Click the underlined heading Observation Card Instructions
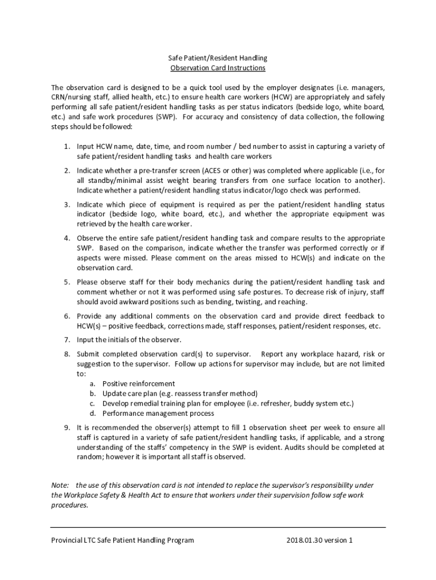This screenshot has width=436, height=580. (x=218, y=68)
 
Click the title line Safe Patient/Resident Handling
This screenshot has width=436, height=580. (x=218, y=58)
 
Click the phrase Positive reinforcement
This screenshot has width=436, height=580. (x=139, y=383)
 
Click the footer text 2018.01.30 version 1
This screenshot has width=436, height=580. (x=320, y=540)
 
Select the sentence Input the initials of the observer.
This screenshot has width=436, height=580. (x=129, y=340)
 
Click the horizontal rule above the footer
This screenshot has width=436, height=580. (x=218, y=527)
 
